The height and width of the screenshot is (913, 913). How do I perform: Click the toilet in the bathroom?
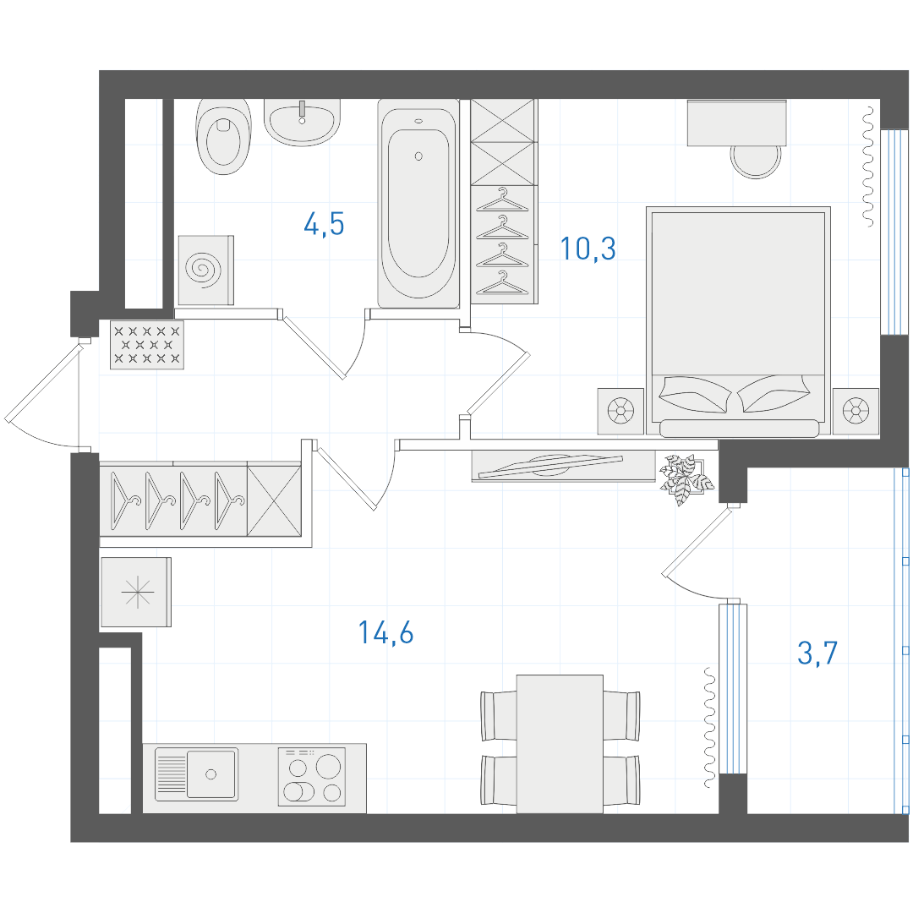pyautogui.click(x=223, y=137)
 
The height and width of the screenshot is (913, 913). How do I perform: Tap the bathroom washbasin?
pyautogui.click(x=302, y=122)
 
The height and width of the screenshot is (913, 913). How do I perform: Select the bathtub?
pyautogui.click(x=418, y=203)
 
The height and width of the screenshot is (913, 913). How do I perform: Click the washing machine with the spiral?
pyautogui.click(x=205, y=271)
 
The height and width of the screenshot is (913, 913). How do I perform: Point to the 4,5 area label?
pyautogui.click(x=325, y=224)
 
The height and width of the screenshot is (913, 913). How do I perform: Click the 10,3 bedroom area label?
pyautogui.click(x=588, y=249)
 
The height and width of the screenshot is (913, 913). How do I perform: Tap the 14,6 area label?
pyautogui.click(x=386, y=632)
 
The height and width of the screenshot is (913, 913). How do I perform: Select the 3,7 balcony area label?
pyautogui.click(x=817, y=653)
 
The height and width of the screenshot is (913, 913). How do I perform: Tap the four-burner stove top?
pyautogui.click(x=312, y=777)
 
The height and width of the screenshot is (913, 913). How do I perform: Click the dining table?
pyautogui.click(x=560, y=744)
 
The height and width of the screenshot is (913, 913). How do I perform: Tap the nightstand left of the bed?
pyautogui.click(x=621, y=411)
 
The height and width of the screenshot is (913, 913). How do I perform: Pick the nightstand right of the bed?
pyautogui.click(x=856, y=411)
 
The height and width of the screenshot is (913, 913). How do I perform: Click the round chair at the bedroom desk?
pyautogui.click(x=756, y=161)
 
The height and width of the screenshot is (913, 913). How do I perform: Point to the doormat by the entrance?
pyautogui.click(x=147, y=345)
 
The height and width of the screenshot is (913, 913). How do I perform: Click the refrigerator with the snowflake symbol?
pyautogui.click(x=136, y=592)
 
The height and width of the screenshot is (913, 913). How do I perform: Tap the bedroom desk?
pyautogui.click(x=736, y=123)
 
